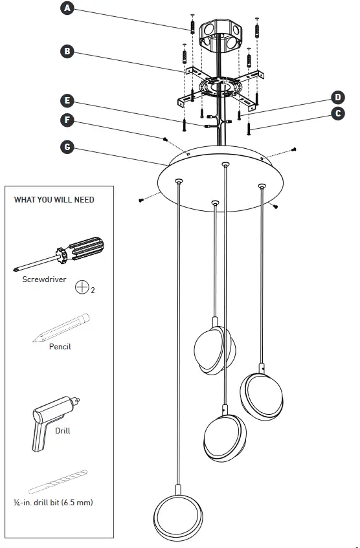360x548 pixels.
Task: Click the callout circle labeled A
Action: [x=66, y=8]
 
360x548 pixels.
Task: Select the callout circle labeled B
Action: [x=66, y=50]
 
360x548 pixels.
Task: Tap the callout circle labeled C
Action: [x=337, y=113]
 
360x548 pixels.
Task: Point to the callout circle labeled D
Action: [x=337, y=98]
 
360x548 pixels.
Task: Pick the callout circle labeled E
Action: [x=66, y=101]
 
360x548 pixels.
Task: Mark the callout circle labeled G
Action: [x=66, y=147]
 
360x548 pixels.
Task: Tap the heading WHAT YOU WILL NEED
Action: [x=54, y=200]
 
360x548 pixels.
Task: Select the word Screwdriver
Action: [x=44, y=279]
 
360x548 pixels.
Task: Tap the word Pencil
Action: [x=60, y=347]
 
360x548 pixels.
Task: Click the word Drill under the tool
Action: [x=63, y=430]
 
